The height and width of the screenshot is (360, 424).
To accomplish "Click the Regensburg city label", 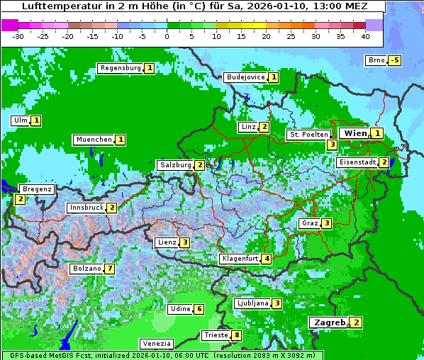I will coord(120,68).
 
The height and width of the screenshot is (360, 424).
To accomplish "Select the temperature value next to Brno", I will coord(395,60).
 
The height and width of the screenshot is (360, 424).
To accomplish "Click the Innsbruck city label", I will coord(85,208).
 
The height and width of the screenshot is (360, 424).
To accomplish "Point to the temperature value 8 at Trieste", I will coord(237,335).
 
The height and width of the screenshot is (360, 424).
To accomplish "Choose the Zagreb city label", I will coord(330,322).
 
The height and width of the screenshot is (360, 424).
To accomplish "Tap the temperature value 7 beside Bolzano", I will coord(109,269).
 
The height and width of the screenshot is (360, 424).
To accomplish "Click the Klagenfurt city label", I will coord(240,259).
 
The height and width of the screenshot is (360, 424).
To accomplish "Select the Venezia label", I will coord(156,344).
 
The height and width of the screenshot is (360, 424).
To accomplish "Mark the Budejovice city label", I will coord(245,77).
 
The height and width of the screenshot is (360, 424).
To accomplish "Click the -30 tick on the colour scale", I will coord(18,36).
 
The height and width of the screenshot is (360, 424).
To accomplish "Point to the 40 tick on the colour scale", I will coord(365,36).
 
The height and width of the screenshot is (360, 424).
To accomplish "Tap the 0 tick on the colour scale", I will coord(167,36).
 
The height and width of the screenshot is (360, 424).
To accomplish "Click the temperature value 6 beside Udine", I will coord(199,309).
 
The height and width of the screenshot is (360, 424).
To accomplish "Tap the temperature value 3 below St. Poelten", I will coord(332,145).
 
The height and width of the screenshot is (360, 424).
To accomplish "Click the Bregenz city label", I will coord(37,189).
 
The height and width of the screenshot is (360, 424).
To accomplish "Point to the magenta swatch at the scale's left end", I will coord(10,25).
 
